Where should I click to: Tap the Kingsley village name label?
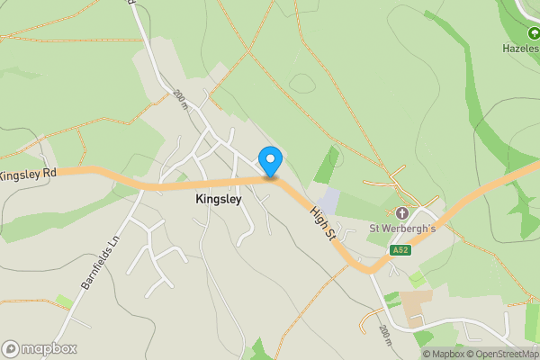click(x=218, y=200)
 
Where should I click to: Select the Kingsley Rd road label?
click(x=28, y=173)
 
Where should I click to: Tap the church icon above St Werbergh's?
click(x=401, y=213)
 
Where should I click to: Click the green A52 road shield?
click(x=401, y=250)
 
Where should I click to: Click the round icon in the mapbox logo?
click(x=12, y=348)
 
